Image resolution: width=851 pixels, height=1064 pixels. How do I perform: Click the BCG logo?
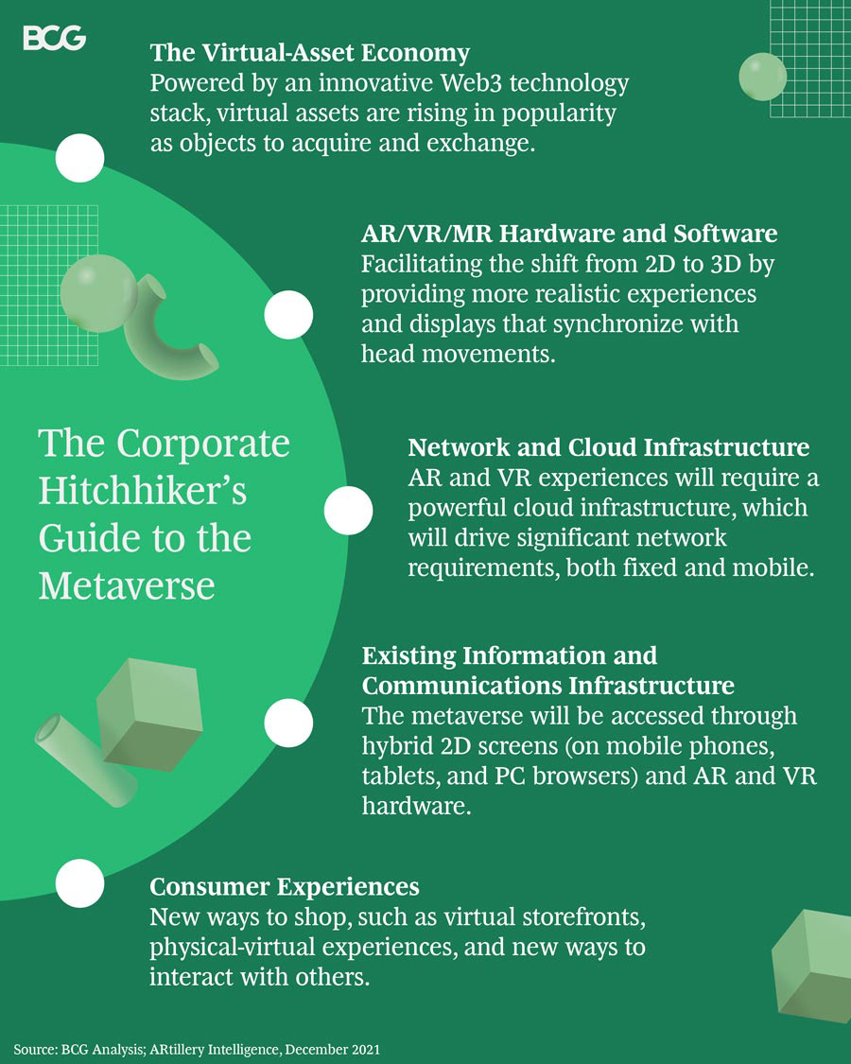[54, 38]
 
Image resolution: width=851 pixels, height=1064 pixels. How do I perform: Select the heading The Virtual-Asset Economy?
[309, 51]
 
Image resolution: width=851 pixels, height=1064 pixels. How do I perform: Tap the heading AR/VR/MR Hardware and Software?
[569, 233]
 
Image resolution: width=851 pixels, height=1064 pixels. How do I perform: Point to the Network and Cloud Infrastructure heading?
[608, 446]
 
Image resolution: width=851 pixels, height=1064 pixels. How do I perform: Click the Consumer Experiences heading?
[285, 887]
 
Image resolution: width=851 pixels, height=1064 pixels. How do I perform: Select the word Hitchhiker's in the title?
[142, 491]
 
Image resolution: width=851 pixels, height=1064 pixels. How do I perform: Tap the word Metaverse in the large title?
[127, 586]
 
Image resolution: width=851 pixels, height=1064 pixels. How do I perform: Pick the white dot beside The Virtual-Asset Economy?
[79, 158]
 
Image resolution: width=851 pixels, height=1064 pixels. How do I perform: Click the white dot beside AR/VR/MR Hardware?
[288, 316]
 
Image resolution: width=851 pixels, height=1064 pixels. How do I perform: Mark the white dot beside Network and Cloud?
[348, 512]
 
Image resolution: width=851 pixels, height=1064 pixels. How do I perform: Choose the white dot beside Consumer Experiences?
[79, 883]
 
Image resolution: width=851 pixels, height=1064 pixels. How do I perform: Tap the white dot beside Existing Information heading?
[288, 724]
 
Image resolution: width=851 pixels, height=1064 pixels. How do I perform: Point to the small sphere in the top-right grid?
[762, 77]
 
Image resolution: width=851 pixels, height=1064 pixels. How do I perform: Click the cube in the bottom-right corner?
[812, 965]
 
